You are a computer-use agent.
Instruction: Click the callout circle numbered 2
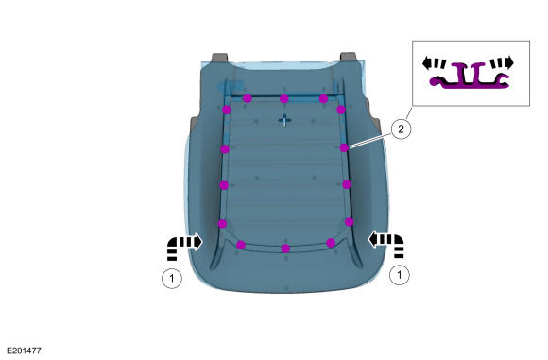[401, 129]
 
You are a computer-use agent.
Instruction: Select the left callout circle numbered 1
[172, 279]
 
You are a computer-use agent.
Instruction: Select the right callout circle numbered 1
[400, 275]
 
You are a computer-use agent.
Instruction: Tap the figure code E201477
[25, 351]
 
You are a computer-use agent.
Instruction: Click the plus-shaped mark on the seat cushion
[284, 120]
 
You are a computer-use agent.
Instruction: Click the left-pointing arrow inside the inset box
[434, 63]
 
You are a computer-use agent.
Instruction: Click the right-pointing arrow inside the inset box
[502, 63]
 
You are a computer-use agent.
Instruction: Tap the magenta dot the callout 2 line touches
[344, 147]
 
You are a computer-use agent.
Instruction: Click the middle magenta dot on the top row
[284, 99]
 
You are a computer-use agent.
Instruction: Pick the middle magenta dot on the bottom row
[285, 249]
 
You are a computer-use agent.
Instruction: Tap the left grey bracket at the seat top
[220, 58]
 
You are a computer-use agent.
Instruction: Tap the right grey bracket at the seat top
[348, 57]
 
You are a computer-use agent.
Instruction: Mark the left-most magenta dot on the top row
[248, 98]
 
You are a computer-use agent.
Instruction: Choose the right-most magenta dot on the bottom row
[331, 243]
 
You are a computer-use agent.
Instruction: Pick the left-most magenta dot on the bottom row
[241, 245]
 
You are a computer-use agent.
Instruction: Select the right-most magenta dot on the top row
[324, 99]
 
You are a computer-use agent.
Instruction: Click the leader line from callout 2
[369, 141]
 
